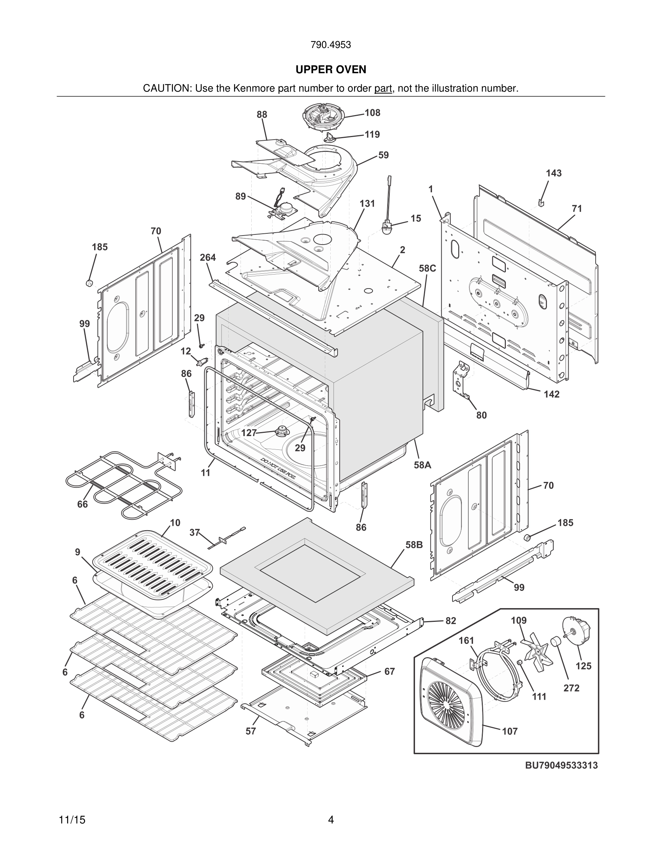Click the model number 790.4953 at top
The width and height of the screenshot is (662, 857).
(x=331, y=45)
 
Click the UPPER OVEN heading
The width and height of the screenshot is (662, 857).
(x=331, y=70)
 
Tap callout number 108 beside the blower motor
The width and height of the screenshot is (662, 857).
(x=372, y=113)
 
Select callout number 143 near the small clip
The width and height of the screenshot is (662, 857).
(x=553, y=173)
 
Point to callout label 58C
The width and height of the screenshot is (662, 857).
(x=427, y=268)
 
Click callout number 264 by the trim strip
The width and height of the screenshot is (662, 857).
(x=207, y=258)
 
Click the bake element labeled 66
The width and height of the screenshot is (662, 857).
(x=122, y=485)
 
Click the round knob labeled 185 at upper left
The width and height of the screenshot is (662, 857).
(x=89, y=282)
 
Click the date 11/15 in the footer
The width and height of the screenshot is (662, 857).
(x=72, y=820)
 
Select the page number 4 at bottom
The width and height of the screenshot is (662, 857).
(x=331, y=820)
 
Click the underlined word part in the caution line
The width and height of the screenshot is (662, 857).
(x=383, y=89)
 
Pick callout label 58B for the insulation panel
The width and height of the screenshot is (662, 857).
(x=414, y=545)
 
